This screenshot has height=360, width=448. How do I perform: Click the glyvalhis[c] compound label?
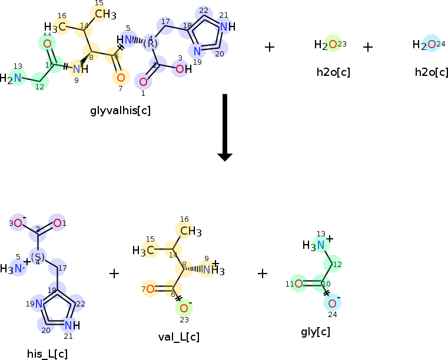point(121,110)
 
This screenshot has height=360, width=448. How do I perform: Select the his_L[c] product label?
point(47,354)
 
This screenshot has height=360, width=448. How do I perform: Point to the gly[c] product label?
point(315,332)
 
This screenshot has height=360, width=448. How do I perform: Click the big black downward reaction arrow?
point(225,126)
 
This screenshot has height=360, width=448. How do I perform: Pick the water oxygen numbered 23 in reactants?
point(333,44)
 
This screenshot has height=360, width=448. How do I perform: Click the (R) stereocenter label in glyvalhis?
point(150,44)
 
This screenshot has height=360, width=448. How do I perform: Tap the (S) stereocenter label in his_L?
point(38,256)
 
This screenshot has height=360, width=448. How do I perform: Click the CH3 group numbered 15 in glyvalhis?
point(105,14)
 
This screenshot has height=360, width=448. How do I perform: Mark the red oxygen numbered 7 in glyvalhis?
point(120,77)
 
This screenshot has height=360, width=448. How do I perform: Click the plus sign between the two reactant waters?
point(368,46)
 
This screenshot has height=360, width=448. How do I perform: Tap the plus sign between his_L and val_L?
point(114,273)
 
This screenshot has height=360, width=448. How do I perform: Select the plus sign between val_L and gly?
point(263,273)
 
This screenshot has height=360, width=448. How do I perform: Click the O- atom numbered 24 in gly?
point(332,303)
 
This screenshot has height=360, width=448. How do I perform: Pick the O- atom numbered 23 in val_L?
point(184,308)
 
